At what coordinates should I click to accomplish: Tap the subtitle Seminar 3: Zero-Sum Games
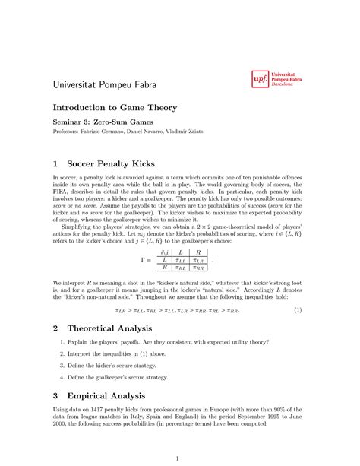point(103,122)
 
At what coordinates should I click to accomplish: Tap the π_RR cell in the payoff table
point(198,268)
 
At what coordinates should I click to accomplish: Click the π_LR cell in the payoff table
point(198,259)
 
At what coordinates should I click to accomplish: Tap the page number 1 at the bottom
point(177,458)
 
